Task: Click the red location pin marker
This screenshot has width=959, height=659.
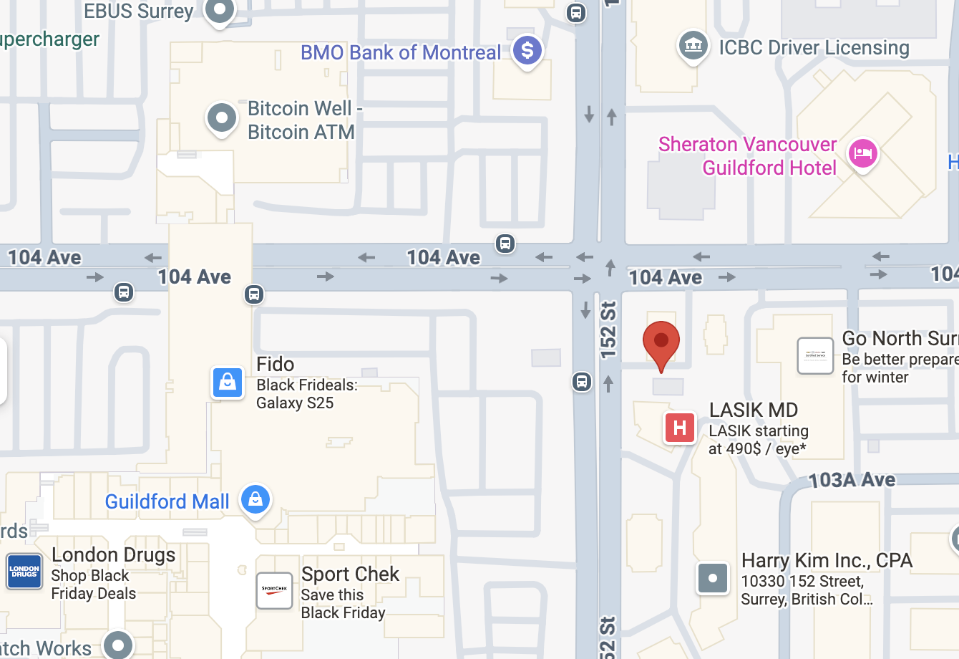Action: click(661, 342)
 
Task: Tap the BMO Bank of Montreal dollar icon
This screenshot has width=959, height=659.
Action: click(527, 51)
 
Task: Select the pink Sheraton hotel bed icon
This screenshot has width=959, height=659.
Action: click(863, 153)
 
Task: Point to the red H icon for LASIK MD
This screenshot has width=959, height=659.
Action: click(679, 428)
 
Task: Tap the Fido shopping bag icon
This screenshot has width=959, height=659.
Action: click(228, 382)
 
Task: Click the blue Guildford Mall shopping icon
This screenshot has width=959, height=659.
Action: click(255, 499)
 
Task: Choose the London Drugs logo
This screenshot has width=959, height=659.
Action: click(24, 572)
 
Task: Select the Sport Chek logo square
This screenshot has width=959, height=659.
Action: click(275, 590)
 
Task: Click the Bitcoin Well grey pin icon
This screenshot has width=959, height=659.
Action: click(222, 117)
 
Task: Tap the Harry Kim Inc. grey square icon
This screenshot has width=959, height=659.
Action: click(713, 578)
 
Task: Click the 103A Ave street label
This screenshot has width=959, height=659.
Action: click(852, 480)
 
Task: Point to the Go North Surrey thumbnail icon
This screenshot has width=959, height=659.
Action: click(815, 355)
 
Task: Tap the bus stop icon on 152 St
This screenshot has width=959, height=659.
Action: click(582, 382)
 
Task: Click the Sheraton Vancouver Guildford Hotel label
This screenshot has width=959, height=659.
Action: click(747, 155)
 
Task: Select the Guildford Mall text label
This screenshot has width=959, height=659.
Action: click(167, 501)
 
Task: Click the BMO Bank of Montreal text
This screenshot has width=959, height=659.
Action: click(401, 52)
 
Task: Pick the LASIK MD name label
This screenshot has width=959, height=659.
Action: click(753, 410)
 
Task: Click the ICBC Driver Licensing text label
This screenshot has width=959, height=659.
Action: click(814, 47)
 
